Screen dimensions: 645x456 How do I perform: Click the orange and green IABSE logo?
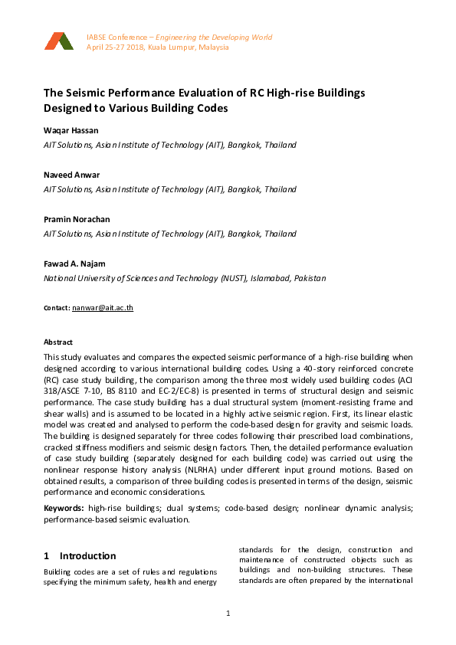[58, 41]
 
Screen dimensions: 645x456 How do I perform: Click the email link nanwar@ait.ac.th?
[103, 307]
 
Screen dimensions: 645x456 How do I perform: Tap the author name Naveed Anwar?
[71, 175]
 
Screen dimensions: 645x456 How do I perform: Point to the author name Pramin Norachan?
[75, 220]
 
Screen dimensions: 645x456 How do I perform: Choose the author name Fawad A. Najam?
[74, 264]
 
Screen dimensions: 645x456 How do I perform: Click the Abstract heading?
[58, 342]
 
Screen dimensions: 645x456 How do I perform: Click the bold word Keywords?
[64, 507]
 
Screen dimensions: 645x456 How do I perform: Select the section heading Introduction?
[87, 556]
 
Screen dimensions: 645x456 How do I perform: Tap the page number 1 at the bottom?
[228, 614]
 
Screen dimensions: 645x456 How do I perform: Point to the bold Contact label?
[57, 307]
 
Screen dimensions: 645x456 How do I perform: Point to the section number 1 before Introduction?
[47, 556]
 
